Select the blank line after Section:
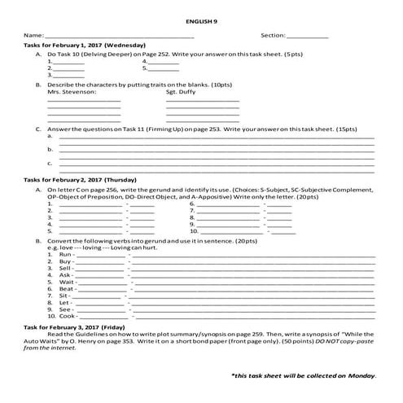tap(309, 37)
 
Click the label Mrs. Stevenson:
tap(72, 92)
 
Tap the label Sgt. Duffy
tap(181, 92)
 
